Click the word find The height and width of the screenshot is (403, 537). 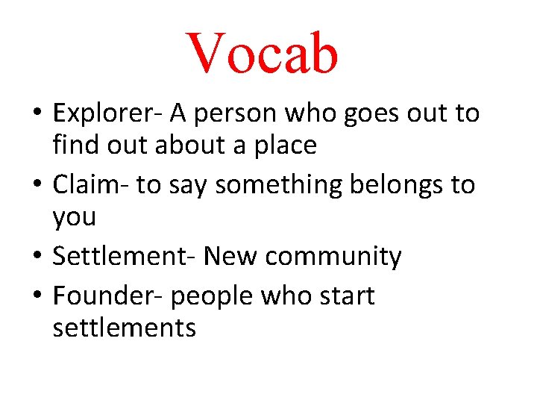click(76, 146)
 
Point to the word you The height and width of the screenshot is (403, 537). click(75, 219)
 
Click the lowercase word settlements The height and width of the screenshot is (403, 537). click(125, 328)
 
